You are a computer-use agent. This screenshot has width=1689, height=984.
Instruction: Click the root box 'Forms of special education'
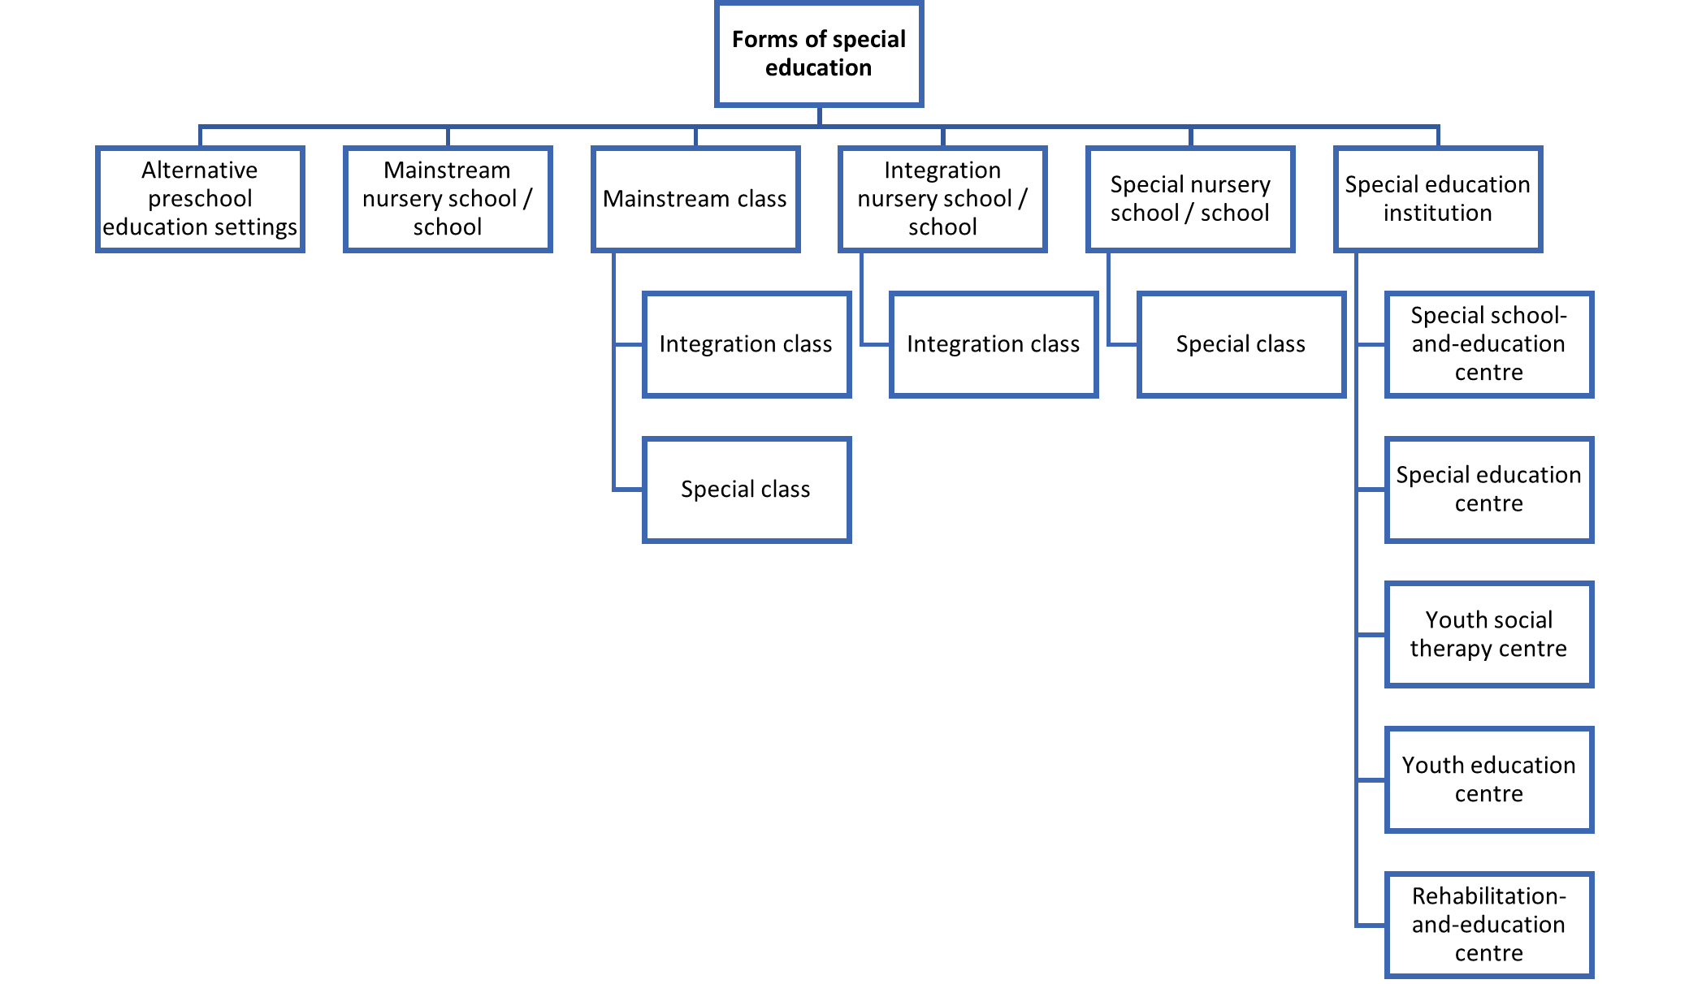[819, 54]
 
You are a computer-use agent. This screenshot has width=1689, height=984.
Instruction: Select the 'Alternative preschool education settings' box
[200, 199]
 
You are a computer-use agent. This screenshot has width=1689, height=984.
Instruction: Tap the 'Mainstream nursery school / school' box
[448, 199]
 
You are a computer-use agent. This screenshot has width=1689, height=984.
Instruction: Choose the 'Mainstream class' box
[695, 199]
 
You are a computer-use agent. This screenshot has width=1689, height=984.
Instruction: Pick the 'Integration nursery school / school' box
[942, 199]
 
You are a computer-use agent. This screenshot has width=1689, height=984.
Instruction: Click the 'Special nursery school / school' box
[1190, 199]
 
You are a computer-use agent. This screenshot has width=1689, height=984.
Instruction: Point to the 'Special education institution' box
[1438, 199]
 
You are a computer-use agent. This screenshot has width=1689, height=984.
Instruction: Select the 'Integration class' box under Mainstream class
[747, 344]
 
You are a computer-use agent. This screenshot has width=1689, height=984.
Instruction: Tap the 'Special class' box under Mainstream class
[747, 490]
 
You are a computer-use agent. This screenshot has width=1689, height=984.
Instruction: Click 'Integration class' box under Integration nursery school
[994, 344]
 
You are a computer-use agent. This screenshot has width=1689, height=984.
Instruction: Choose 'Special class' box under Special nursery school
[1241, 344]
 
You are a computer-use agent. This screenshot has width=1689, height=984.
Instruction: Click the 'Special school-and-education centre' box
[1489, 344]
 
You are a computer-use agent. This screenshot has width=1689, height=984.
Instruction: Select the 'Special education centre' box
[1489, 490]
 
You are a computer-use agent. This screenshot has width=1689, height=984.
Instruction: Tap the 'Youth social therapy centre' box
[1489, 634]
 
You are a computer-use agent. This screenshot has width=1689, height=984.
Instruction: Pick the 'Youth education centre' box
[1489, 779]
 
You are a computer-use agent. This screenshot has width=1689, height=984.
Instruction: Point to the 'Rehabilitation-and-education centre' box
[1489, 925]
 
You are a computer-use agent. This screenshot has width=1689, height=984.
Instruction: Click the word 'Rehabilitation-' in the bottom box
[1489, 896]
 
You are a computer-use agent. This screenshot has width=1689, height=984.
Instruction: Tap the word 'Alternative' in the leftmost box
[200, 170]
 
